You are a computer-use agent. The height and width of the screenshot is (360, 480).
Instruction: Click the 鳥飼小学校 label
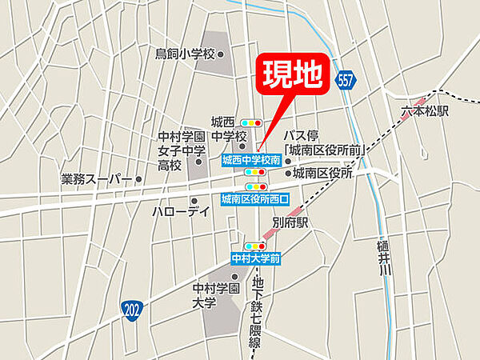point(186,54)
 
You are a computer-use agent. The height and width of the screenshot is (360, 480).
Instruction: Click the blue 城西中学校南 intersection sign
point(250,160)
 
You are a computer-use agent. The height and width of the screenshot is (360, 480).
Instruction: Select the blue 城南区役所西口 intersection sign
point(254,197)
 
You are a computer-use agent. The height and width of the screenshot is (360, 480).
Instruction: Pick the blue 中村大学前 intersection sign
point(255,258)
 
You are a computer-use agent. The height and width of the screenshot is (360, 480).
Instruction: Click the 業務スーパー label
point(95,179)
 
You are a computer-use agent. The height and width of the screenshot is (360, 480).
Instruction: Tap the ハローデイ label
point(182,212)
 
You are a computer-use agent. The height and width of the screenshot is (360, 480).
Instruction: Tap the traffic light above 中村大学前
point(255,246)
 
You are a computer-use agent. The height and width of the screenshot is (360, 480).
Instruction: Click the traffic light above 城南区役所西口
point(254,186)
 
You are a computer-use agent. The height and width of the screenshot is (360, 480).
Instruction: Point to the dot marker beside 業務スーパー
point(138,179)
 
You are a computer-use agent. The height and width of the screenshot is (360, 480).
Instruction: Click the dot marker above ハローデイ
point(194,200)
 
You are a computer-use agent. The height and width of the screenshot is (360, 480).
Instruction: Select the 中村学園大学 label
point(216,295)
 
